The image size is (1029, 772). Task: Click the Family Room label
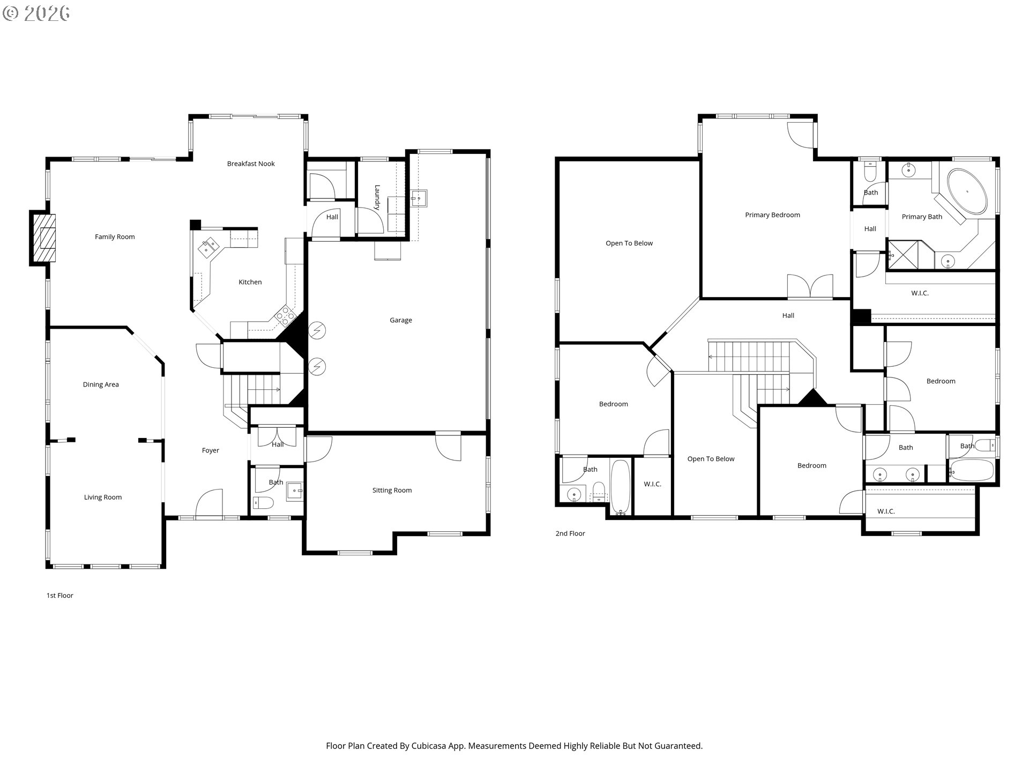coord(115,237)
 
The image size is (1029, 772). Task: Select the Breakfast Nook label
coord(251,164)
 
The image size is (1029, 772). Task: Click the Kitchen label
coord(250,282)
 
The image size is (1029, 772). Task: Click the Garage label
coord(401,321)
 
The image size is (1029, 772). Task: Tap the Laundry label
coord(377,197)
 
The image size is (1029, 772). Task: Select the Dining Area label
coord(101,385)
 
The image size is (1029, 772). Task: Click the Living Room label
coord(103,498)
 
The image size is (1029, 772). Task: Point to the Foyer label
coord(211,451)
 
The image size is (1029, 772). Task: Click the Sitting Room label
coord(392,491)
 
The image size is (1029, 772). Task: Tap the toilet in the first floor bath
coord(263,503)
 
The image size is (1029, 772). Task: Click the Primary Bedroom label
coord(772,215)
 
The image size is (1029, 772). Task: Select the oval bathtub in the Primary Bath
coord(967,191)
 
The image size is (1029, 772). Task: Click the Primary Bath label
coord(922,217)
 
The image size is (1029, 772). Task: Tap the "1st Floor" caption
coord(60,596)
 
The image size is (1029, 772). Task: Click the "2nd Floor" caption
coord(570,534)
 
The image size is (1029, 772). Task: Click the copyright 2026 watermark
coord(36,13)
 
